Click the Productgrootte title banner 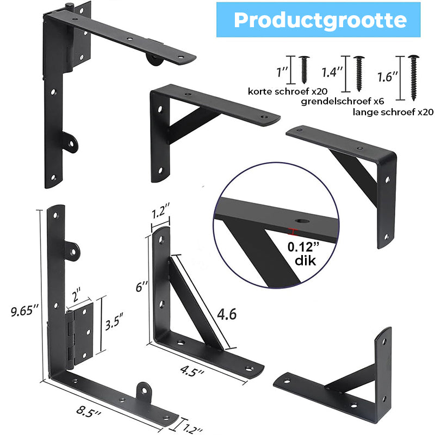[x=318, y=20]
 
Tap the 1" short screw [x=304, y=70]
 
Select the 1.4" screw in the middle [x=359, y=73]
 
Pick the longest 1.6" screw [x=413, y=78]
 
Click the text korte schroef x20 [x=288, y=91]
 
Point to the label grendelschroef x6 [x=343, y=102]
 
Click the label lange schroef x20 [x=393, y=112]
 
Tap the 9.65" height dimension [x=24, y=310]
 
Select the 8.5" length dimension [x=89, y=412]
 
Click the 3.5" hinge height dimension [x=114, y=321]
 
